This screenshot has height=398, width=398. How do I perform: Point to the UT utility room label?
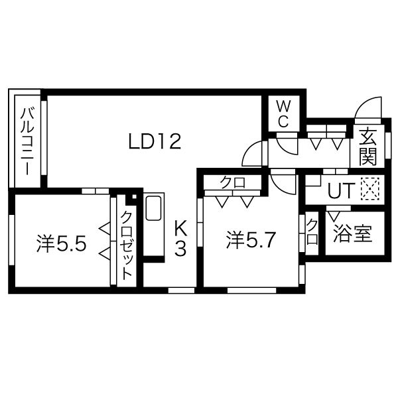click(x=339, y=190)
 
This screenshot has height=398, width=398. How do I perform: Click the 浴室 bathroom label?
click(x=352, y=234)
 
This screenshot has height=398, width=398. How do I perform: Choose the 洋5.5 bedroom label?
click(x=61, y=245)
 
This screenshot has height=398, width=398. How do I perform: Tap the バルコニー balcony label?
click(x=27, y=141)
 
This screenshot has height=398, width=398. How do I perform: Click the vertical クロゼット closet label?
click(x=126, y=244)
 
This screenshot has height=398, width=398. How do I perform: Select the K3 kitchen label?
click(x=180, y=239)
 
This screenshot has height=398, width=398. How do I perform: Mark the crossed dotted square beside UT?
click(x=368, y=190)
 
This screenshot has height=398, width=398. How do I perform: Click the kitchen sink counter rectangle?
click(x=153, y=208)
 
